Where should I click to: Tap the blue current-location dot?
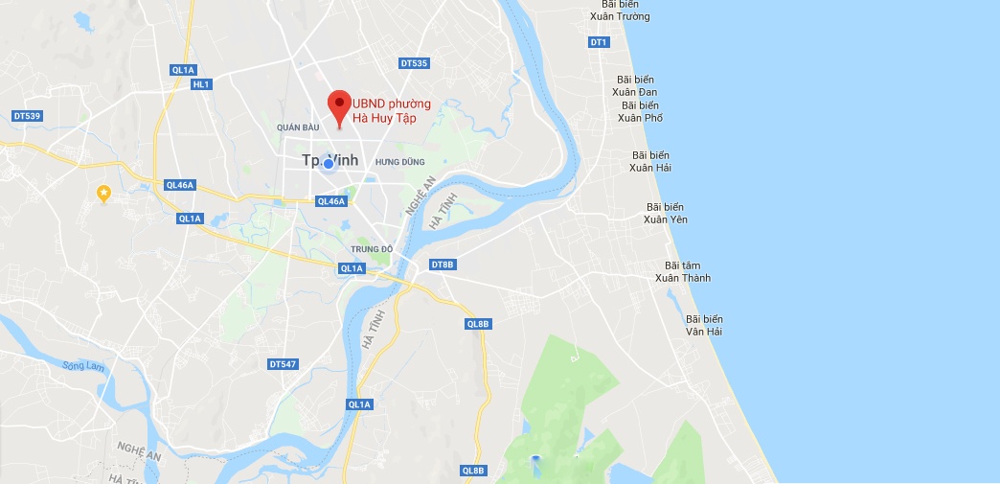click(329, 163)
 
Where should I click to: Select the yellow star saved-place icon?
click(103, 194)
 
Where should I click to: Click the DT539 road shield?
click(28, 116)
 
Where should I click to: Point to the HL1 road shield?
click(200, 84)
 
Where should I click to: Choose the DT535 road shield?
click(414, 63)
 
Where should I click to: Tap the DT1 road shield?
click(599, 42)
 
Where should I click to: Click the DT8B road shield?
click(442, 264)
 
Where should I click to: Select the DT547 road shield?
click(283, 364)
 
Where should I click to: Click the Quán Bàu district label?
click(296, 127)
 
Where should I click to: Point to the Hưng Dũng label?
click(399, 162)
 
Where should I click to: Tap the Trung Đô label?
click(373, 249)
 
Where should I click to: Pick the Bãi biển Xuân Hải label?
click(650, 161)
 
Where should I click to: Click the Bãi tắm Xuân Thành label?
click(683, 271)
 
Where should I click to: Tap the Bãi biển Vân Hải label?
click(704, 325)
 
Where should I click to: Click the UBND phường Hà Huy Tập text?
click(392, 110)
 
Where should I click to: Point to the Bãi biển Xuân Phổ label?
click(640, 111)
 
